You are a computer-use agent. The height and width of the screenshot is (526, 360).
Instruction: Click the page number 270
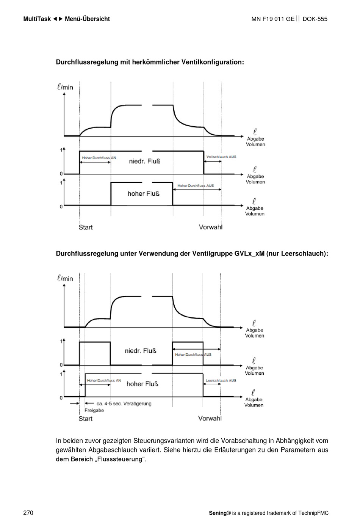[x=28, y=513]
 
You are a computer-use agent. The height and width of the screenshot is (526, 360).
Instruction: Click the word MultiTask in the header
[x=37, y=19]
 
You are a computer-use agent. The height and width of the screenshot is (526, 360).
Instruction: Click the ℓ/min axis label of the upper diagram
[x=65, y=87]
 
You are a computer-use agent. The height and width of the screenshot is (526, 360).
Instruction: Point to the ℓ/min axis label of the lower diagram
[x=65, y=278]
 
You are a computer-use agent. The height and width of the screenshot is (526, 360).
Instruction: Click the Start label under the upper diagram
[x=86, y=227]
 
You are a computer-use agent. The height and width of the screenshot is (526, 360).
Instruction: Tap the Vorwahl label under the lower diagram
[x=210, y=418]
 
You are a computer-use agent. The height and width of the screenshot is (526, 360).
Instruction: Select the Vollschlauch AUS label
[x=221, y=157]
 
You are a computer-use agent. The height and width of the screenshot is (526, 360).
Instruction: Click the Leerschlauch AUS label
[x=221, y=380]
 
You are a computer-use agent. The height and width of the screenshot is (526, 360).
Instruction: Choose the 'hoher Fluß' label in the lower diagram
[x=142, y=384]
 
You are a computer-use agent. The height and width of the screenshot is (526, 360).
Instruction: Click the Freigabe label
[x=94, y=410]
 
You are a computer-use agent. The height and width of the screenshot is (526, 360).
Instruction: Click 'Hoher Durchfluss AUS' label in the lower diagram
[x=193, y=355]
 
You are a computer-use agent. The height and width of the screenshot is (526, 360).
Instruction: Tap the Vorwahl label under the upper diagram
[x=210, y=227]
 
